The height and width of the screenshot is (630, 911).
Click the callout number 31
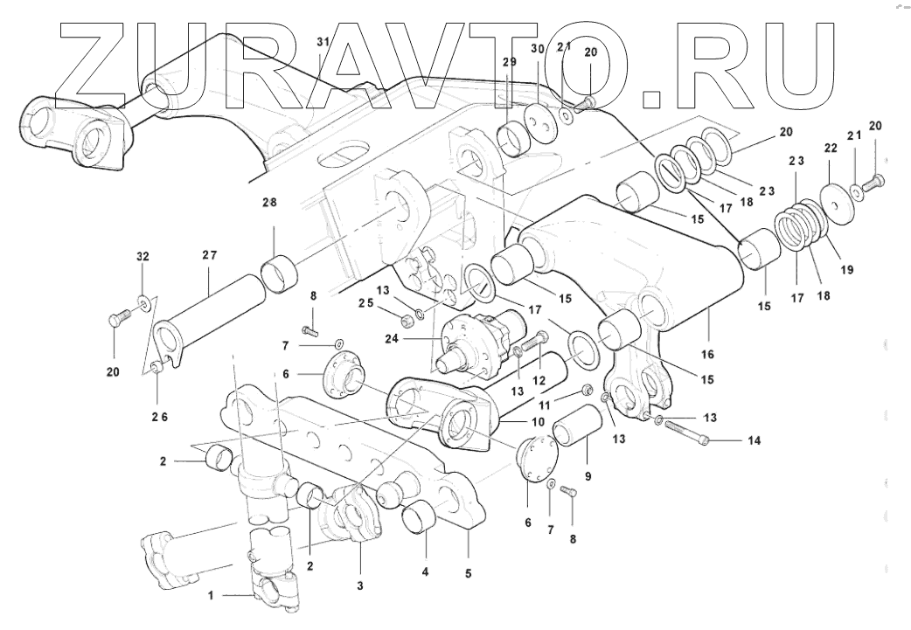pyautogui.click(x=323, y=43)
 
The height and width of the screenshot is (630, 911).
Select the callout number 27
pyautogui.click(x=209, y=256)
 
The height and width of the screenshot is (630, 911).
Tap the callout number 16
pyautogui.click(x=707, y=354)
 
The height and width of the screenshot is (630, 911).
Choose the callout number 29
pyautogui.click(x=510, y=62)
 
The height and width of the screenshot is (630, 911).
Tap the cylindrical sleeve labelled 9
pyautogui.click(x=580, y=430)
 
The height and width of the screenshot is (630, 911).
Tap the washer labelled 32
pyautogui.click(x=142, y=303)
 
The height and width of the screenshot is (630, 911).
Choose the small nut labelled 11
pyautogui.click(x=588, y=391)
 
